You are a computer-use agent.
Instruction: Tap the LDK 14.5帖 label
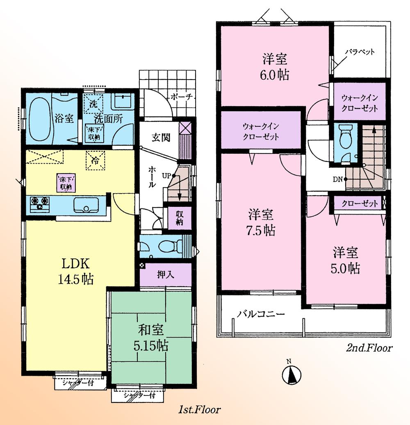coord(77,271)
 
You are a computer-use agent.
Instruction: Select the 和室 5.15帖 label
coord(152,337)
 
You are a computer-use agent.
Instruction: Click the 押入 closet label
coord(166,274)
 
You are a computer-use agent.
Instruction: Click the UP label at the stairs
coord(166,176)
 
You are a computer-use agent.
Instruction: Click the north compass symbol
coord(292,374)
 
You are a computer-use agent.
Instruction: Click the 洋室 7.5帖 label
coord(261,222)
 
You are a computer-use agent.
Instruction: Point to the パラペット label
coord(359,52)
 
